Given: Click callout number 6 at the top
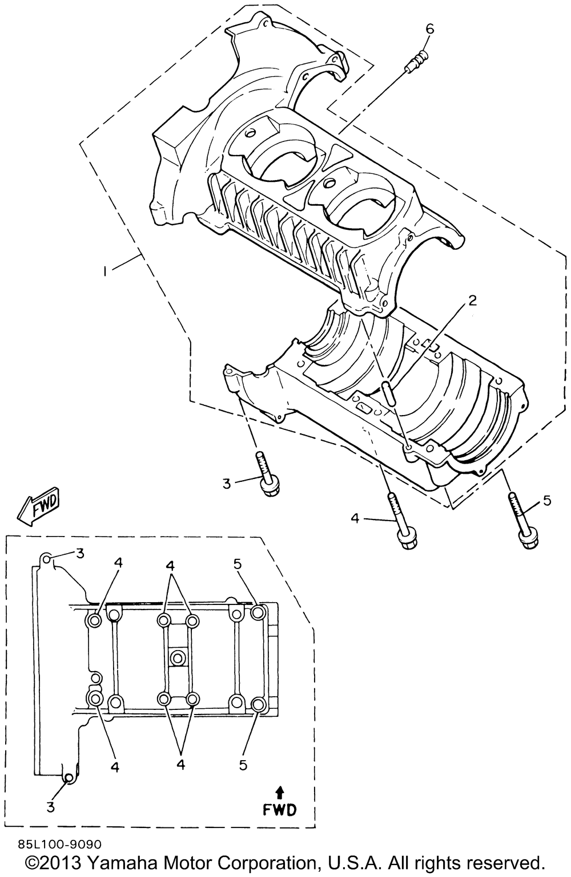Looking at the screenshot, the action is click(430, 29).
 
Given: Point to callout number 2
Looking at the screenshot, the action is click(473, 301).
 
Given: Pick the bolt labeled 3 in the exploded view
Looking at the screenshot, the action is click(267, 473).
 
